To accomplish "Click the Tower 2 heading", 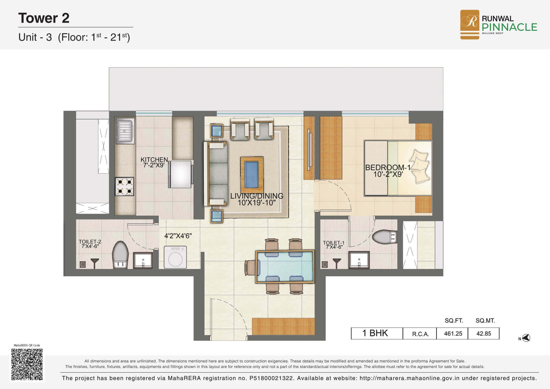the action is point(44,18).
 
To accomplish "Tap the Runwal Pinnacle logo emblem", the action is point(469,24).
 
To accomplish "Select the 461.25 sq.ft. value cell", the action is point(453,334).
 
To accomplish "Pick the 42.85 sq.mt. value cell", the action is point(484,334).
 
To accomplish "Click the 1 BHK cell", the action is point(377,333).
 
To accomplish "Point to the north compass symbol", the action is point(525,338).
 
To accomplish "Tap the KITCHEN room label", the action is point(154,160).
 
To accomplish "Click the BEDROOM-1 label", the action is point(388,168).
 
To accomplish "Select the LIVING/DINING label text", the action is point(257,196).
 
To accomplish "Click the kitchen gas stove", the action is point(125,187).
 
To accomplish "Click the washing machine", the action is point(175,257).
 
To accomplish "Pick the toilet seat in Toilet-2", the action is point(119,255).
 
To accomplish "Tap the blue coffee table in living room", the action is point(251,175).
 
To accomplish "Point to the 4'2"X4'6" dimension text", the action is point(178,236).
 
